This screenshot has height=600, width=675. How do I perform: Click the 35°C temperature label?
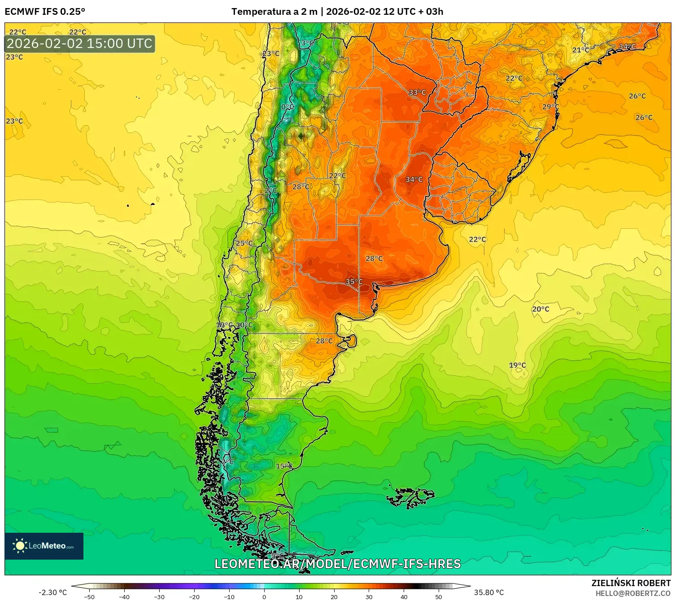(354, 282)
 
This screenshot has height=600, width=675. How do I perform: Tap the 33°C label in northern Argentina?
(417, 92)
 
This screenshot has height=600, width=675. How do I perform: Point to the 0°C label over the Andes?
(287, 107)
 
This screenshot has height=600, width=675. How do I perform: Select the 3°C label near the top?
(307, 43)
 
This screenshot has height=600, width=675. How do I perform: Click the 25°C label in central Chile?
(244, 243)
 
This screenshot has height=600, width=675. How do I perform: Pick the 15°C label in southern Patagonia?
(284, 466)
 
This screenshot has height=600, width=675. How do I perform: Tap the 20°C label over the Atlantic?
(540, 309)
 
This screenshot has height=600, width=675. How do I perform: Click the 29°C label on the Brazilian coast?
(550, 107)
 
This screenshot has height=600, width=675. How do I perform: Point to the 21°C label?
(580, 50)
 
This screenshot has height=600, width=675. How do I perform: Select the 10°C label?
(244, 325)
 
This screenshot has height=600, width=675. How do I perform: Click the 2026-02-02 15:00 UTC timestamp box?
(80, 44)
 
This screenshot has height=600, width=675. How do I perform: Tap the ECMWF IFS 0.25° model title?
(45, 12)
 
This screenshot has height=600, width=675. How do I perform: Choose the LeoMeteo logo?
(44, 546)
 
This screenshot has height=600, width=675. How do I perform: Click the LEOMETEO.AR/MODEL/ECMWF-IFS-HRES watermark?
(337, 564)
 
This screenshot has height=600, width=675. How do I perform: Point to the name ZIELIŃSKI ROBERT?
(631, 583)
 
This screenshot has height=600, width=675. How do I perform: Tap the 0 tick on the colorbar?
(264, 596)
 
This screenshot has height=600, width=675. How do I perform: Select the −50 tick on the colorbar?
(89, 596)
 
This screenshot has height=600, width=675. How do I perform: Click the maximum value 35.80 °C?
(489, 592)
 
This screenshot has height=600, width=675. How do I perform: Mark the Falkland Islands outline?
(410, 497)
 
